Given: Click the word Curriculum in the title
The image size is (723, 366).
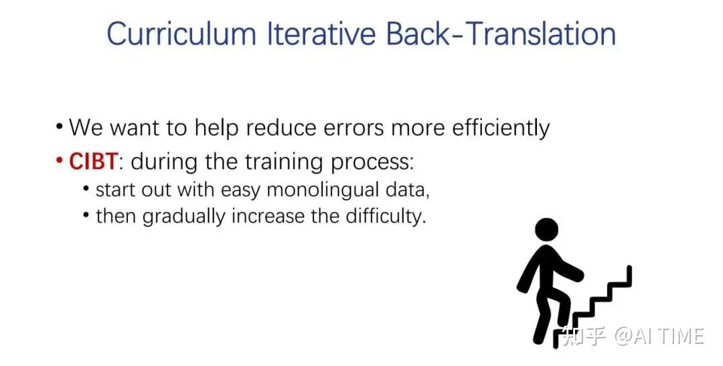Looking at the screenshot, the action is pos(181,34).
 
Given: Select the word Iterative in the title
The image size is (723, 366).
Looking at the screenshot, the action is pos(321,34).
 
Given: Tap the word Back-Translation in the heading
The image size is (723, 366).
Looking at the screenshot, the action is pos(501,34).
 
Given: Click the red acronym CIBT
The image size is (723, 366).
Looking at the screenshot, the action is pos(94,162).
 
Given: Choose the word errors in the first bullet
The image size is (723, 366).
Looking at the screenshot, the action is pos(353,128).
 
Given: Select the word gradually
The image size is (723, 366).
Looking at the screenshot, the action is pos(183,216).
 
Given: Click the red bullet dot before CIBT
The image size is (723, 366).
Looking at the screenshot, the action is pos(58,161).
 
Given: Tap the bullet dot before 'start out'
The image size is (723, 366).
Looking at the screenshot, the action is pos(86,188).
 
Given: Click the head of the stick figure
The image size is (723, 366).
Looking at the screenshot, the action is pos(547,230).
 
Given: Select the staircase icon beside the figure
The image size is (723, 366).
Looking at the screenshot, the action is pos(592,304).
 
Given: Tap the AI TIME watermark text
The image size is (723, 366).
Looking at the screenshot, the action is pos(659,336).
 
